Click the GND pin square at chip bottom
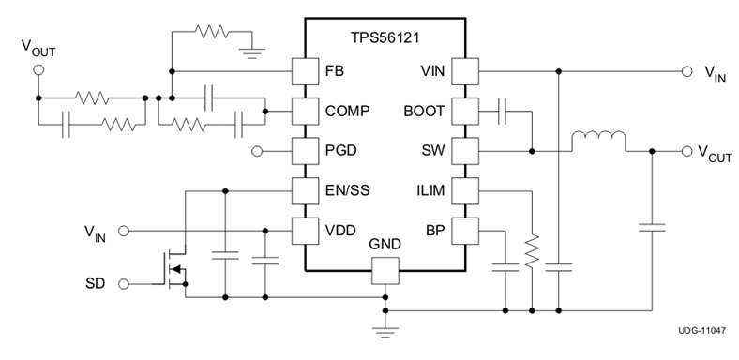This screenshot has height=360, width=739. (x=385, y=272)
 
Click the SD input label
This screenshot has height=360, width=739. (x=94, y=282)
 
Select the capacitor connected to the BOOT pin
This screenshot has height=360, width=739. (x=505, y=111)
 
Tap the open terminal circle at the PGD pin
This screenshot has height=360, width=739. (x=258, y=150)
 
